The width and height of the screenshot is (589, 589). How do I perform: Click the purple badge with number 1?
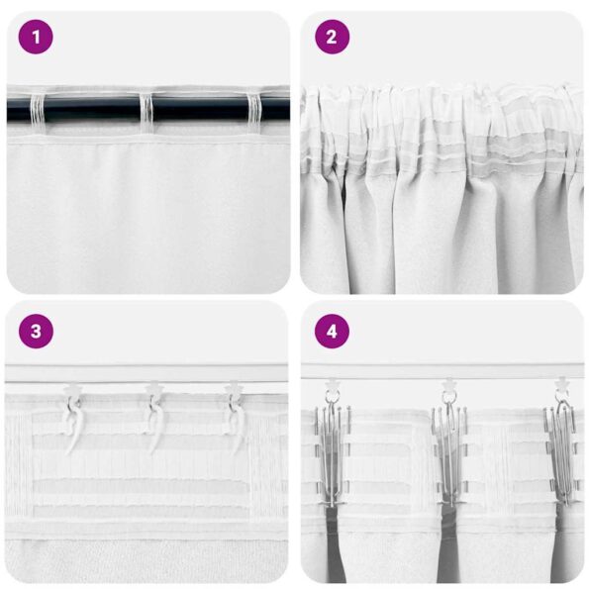coord(36,38)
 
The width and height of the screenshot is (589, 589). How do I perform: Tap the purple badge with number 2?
coord(332,38)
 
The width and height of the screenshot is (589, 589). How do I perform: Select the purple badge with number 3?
coord(36,332)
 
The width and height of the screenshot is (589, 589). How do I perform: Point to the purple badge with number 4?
coord(332,332)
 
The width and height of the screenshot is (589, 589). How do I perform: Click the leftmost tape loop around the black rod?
coord(39,110)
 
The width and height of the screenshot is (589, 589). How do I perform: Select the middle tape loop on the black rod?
coord(146,110)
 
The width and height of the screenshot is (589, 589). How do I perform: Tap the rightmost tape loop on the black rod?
coord(251,110)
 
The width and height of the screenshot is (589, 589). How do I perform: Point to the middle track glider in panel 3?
coord(152,390)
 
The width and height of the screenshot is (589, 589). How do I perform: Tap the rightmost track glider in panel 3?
coord(233,389)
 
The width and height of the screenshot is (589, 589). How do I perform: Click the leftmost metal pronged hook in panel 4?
coord(332,445)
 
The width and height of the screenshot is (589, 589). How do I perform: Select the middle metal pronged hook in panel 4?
coord(448,445)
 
